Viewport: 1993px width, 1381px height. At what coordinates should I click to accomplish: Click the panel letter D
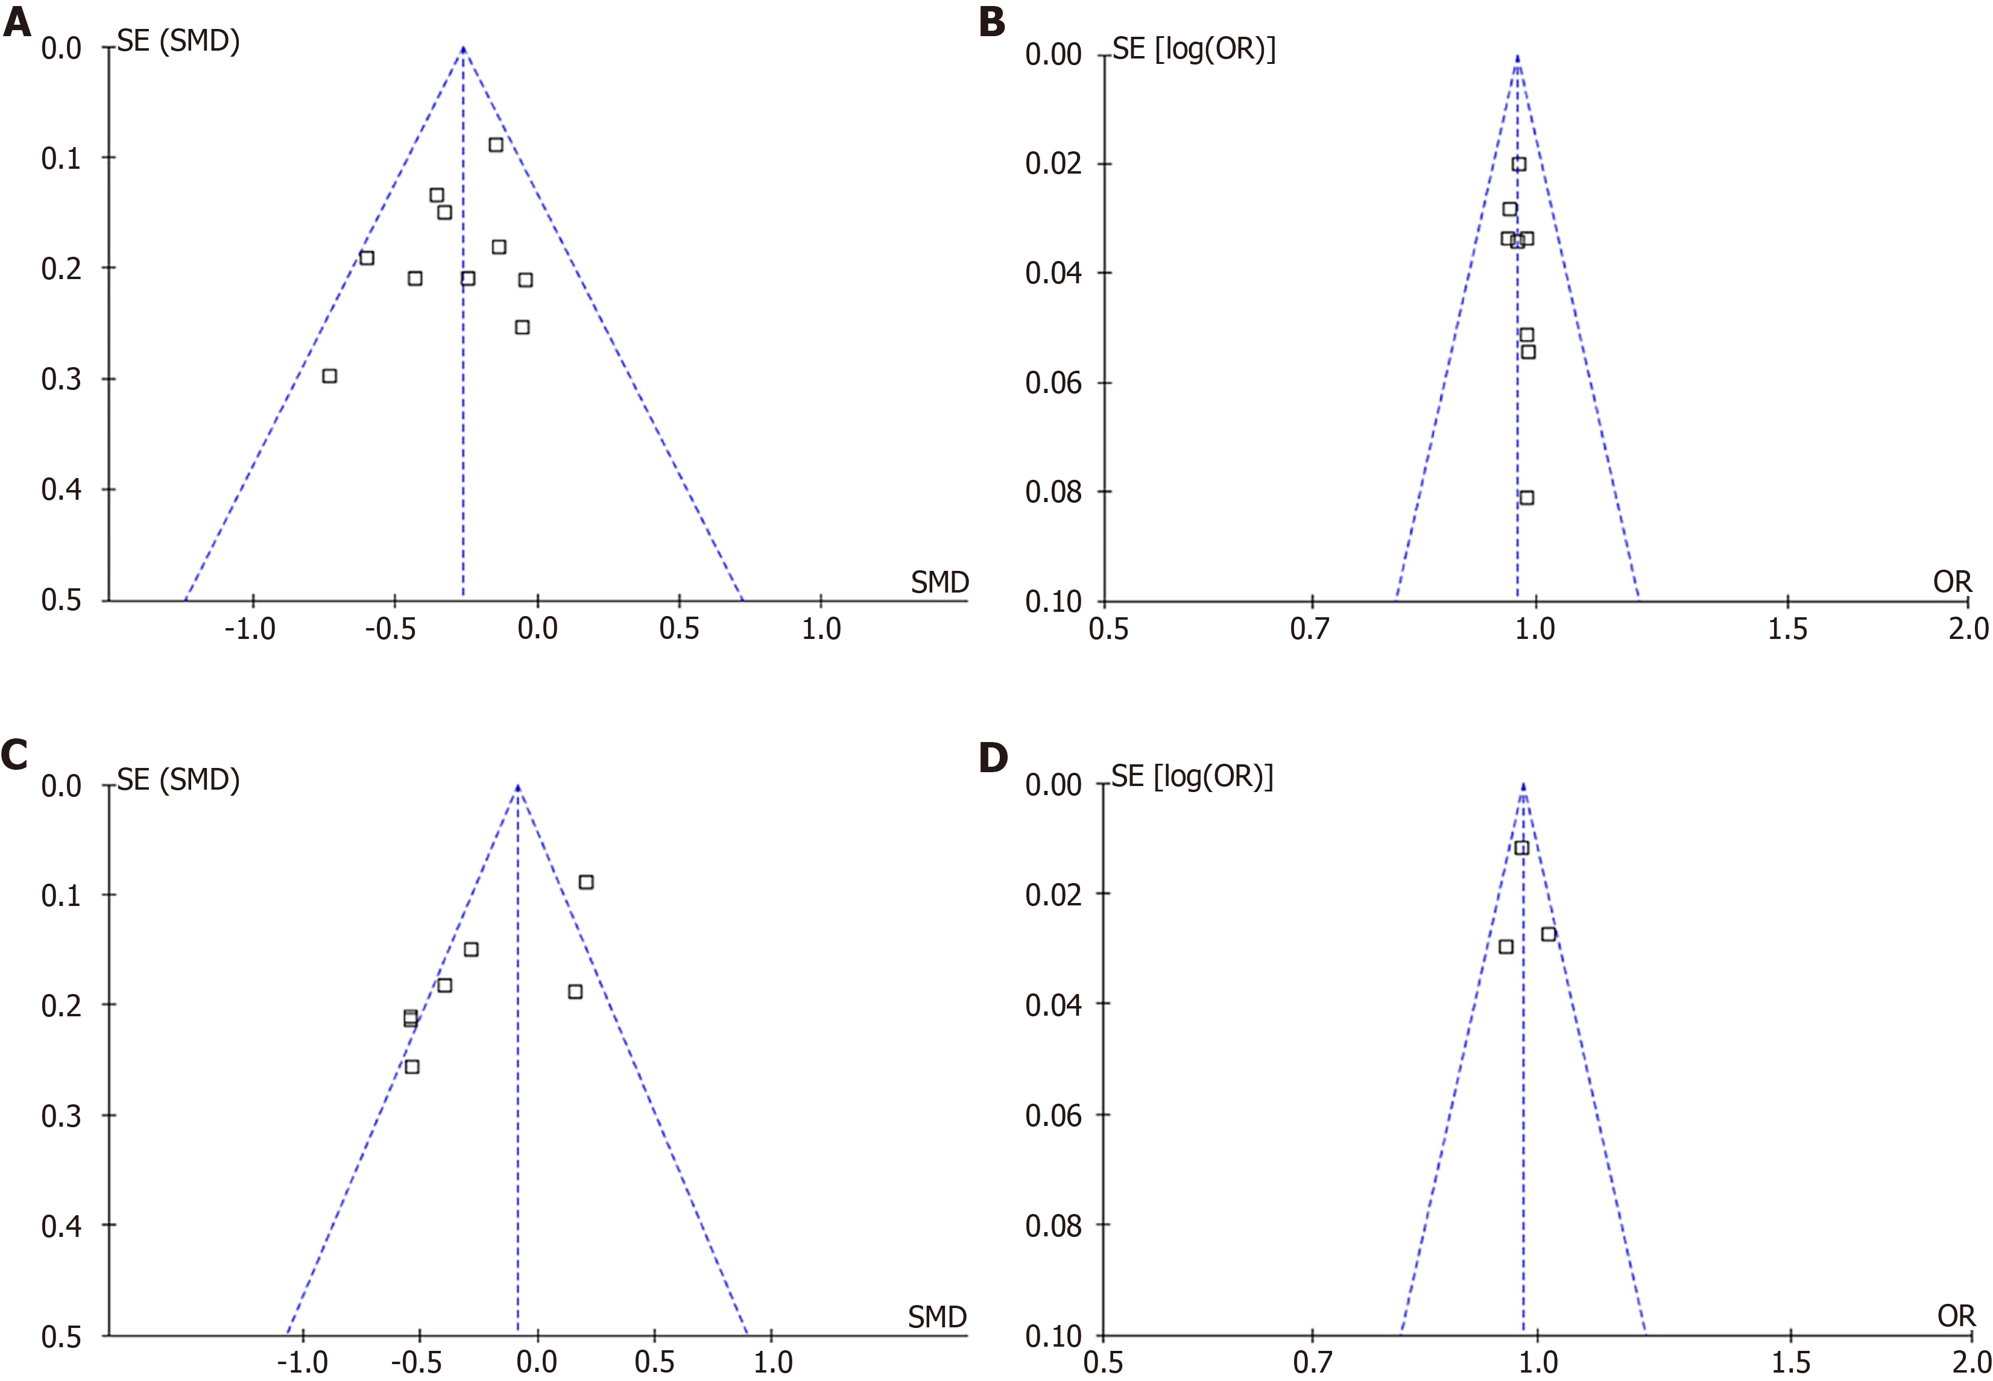pyautogui.click(x=993, y=757)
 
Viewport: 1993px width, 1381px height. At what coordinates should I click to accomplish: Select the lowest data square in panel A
pyautogui.click(x=329, y=376)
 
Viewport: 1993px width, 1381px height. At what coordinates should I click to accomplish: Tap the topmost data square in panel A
pyautogui.click(x=496, y=145)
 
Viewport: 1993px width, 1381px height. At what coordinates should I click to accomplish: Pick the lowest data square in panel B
pyautogui.click(x=1526, y=497)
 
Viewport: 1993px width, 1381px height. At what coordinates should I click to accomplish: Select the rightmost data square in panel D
pyautogui.click(x=1548, y=934)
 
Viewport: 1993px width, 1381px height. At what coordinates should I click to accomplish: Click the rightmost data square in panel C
pyautogui.click(x=586, y=882)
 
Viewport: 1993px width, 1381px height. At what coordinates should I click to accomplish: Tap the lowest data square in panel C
pyautogui.click(x=412, y=1066)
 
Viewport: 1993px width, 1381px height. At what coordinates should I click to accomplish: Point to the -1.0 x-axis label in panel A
pyautogui.click(x=250, y=629)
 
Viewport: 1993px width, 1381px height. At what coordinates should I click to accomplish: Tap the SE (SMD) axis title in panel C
pyautogui.click(x=178, y=779)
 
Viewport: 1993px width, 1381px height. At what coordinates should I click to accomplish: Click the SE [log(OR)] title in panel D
pyautogui.click(x=1192, y=776)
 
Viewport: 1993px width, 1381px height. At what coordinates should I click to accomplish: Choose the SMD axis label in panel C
pyautogui.click(x=937, y=1317)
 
